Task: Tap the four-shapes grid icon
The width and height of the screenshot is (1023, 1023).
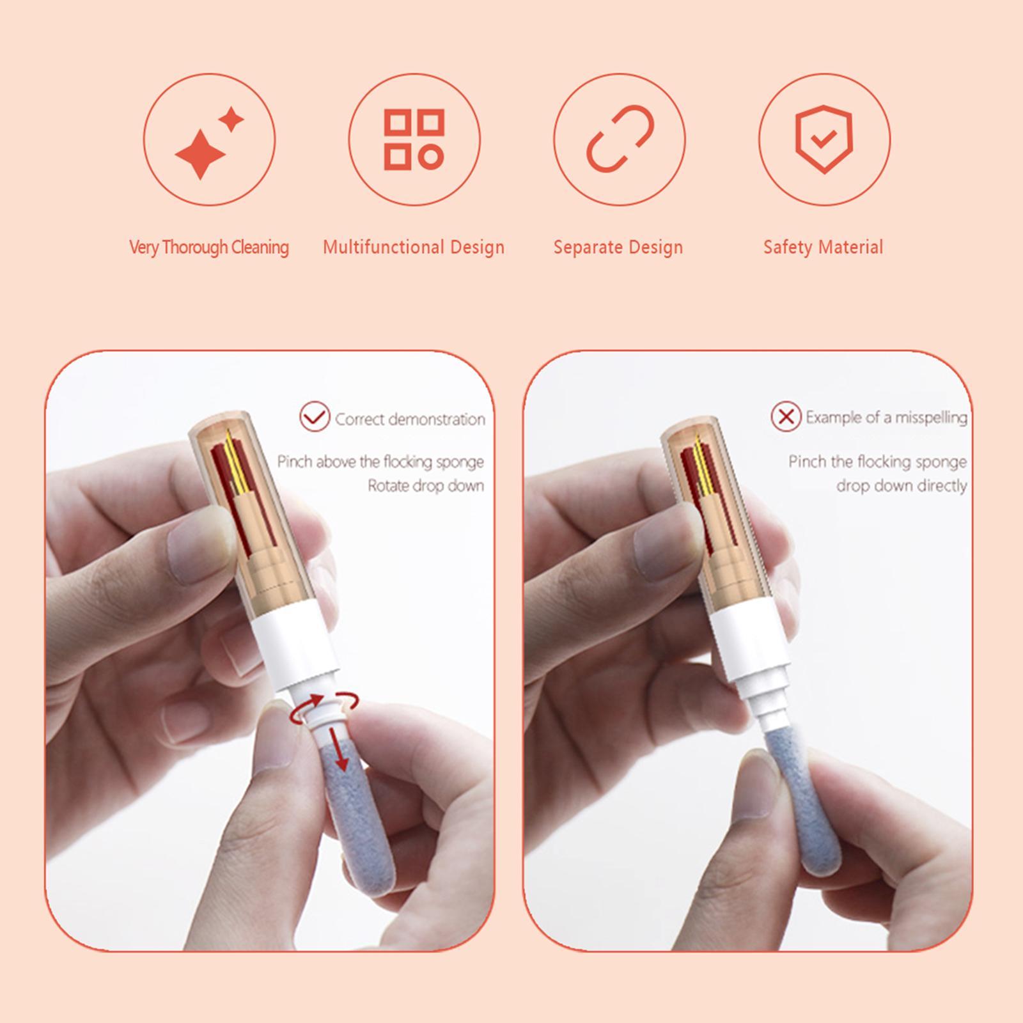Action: pyautogui.click(x=414, y=139)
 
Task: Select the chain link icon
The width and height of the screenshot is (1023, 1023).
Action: pyautogui.click(x=620, y=139)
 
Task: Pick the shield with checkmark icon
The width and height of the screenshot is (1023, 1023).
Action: pyautogui.click(x=824, y=139)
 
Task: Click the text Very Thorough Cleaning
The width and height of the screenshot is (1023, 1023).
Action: pyautogui.click(x=209, y=247)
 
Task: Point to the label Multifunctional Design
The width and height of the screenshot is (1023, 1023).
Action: pyautogui.click(x=414, y=247)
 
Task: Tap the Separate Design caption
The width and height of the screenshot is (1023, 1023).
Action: pyautogui.click(x=618, y=247)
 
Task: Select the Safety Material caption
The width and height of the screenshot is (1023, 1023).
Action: pyautogui.click(x=823, y=247)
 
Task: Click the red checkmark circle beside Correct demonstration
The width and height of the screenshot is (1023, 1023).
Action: pyautogui.click(x=315, y=417)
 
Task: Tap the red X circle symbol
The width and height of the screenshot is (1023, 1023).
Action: pyautogui.click(x=786, y=417)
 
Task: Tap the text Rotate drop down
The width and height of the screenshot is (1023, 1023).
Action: pyautogui.click(x=426, y=486)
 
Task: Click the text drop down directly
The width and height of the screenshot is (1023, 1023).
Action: pyautogui.click(x=902, y=486)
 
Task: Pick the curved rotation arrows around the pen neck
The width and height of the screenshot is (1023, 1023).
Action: pyautogui.click(x=324, y=707)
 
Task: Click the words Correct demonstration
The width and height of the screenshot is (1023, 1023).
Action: pyautogui.click(x=410, y=419)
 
